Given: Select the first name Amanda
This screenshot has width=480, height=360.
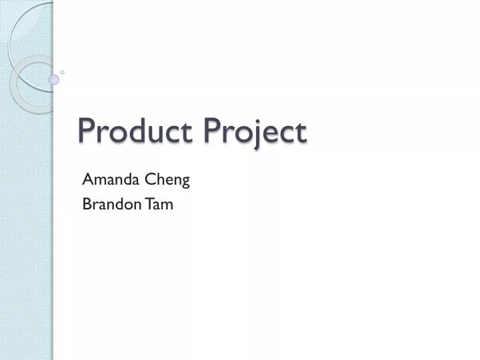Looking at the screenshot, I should [107, 179].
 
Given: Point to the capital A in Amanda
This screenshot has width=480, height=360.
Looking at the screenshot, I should [87, 179].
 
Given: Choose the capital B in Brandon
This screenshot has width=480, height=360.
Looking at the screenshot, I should [86, 205].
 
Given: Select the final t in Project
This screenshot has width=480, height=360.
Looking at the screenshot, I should [301, 132].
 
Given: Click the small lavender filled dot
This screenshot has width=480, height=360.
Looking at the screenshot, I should [54, 79].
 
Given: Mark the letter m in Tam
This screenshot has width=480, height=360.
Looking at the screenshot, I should [167, 206].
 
